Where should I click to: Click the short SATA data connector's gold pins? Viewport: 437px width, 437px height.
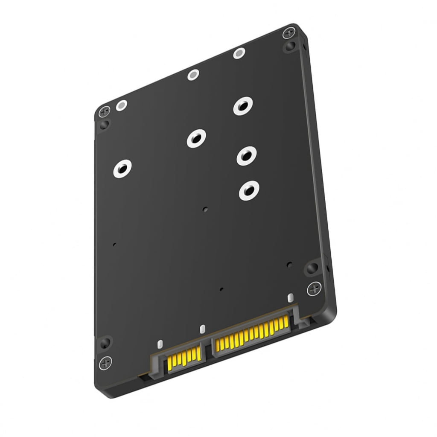(x=184, y=358)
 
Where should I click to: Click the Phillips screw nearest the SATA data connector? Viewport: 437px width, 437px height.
(x=105, y=364)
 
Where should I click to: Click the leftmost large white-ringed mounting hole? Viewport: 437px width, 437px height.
(x=122, y=169)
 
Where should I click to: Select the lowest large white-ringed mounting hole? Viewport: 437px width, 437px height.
(x=249, y=190)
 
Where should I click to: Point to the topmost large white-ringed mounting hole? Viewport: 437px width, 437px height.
(x=243, y=106)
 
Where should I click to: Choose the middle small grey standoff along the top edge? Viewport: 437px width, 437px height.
(x=194, y=76)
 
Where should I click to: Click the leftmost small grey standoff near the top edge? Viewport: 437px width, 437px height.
(x=122, y=105)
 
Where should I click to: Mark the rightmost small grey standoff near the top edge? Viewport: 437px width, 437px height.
(x=239, y=54)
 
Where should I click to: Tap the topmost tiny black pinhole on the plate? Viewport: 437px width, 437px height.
(x=205, y=210)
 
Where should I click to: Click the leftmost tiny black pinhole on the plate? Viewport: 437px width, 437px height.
(x=114, y=245)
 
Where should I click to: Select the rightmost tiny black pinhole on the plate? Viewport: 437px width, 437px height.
(x=289, y=264)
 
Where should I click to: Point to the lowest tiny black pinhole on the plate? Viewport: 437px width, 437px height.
(x=221, y=289)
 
